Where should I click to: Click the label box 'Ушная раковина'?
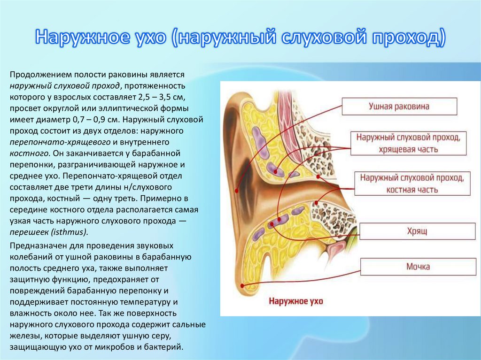coord(399,107)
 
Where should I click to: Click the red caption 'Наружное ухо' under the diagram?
coord(295,301)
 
